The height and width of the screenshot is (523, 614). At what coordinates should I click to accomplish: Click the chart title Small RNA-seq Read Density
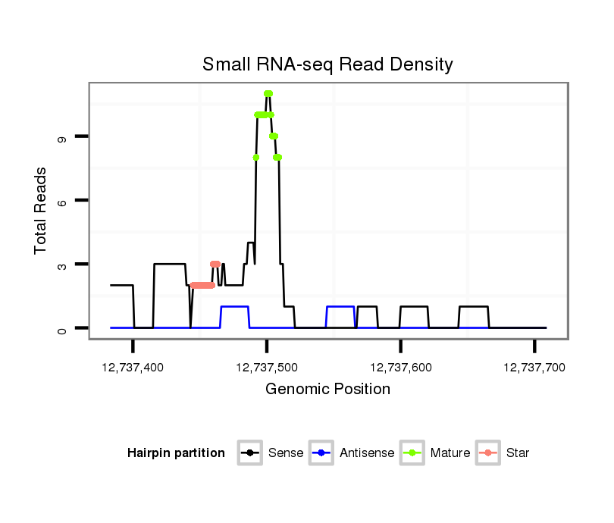(x=327, y=64)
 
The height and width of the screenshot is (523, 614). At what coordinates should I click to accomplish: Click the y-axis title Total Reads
(x=42, y=211)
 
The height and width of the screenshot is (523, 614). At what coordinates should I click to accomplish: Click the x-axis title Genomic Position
(x=327, y=390)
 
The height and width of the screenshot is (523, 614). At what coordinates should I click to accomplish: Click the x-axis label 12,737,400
(x=132, y=367)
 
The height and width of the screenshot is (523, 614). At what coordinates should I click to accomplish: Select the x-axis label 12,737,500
(x=266, y=367)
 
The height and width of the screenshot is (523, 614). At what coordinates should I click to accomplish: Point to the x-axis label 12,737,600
(x=400, y=367)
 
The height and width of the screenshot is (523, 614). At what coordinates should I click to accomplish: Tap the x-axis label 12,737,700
(x=534, y=367)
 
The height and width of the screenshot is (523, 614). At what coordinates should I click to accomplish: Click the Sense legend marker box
(x=250, y=453)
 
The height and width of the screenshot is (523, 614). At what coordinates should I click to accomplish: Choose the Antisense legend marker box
(x=322, y=453)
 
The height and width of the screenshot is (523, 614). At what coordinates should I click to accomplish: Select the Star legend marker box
(x=488, y=453)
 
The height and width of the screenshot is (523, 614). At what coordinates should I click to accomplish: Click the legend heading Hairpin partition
(x=176, y=453)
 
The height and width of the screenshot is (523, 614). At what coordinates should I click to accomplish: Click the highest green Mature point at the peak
(x=268, y=94)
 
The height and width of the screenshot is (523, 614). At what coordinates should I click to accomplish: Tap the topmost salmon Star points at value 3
(x=215, y=264)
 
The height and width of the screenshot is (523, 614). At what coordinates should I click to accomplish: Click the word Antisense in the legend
(x=367, y=453)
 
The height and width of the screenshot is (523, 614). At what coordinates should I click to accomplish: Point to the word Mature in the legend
(x=450, y=453)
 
